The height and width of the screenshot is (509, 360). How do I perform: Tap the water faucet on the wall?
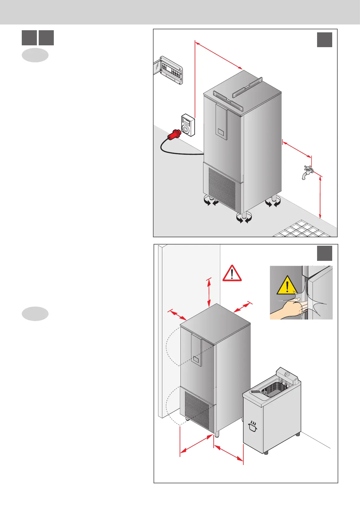coord(308,172)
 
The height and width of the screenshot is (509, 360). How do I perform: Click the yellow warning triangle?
coord(287,285)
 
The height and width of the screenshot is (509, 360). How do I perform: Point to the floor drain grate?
coord(302,230)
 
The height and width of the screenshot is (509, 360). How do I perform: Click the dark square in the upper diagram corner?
coord(324,40)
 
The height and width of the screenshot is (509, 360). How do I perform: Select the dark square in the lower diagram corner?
coord(324,253)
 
